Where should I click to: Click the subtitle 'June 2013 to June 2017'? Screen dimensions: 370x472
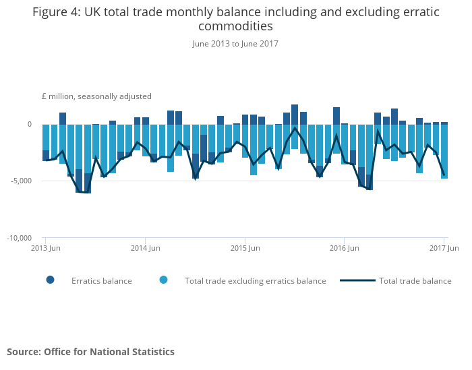(x=235, y=44)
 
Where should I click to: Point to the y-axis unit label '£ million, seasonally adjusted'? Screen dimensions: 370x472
(x=96, y=96)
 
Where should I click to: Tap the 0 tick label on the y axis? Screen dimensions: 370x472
(x=29, y=125)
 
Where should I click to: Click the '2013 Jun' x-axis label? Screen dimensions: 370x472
(x=45, y=249)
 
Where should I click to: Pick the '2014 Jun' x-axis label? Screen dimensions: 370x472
(x=145, y=249)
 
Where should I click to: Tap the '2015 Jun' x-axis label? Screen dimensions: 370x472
(x=245, y=249)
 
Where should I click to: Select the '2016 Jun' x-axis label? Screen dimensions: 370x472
(x=344, y=249)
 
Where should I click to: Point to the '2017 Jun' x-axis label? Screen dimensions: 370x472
(x=444, y=249)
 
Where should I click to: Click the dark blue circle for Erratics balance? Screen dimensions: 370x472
(x=51, y=280)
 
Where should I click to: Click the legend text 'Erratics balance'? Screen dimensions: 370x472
(x=101, y=281)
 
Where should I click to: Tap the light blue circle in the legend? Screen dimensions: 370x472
(x=163, y=280)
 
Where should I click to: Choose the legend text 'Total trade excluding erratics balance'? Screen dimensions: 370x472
(x=255, y=281)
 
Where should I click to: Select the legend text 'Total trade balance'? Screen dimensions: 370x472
(x=415, y=281)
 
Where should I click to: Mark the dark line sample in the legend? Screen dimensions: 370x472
(x=357, y=280)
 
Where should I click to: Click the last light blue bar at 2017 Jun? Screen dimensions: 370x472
(x=444, y=151)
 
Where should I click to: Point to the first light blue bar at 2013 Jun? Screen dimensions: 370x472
(x=45, y=137)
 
